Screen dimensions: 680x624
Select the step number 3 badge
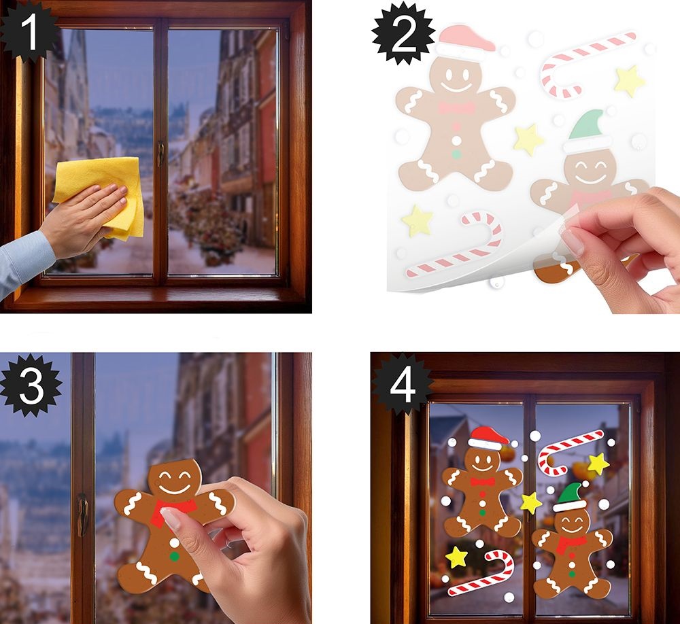click(x=31, y=385)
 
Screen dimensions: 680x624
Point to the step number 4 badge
click(x=403, y=385)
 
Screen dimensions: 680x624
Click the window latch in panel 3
click(x=83, y=515)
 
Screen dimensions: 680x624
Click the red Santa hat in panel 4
click(x=488, y=438)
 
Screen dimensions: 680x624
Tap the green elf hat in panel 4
click(x=571, y=497)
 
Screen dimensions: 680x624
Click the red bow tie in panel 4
click(x=482, y=482)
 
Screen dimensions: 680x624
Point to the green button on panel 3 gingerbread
click(x=174, y=556)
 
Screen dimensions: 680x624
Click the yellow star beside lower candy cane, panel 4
click(x=456, y=557)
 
